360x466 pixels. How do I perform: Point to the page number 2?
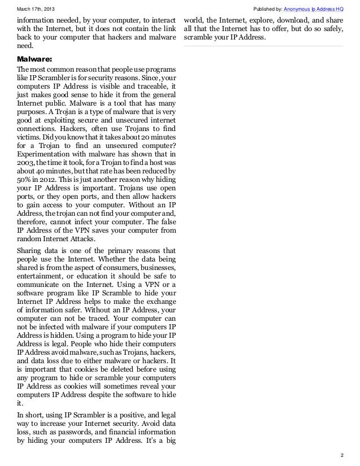coord(342,455)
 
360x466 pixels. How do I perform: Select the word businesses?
coord(157,266)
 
